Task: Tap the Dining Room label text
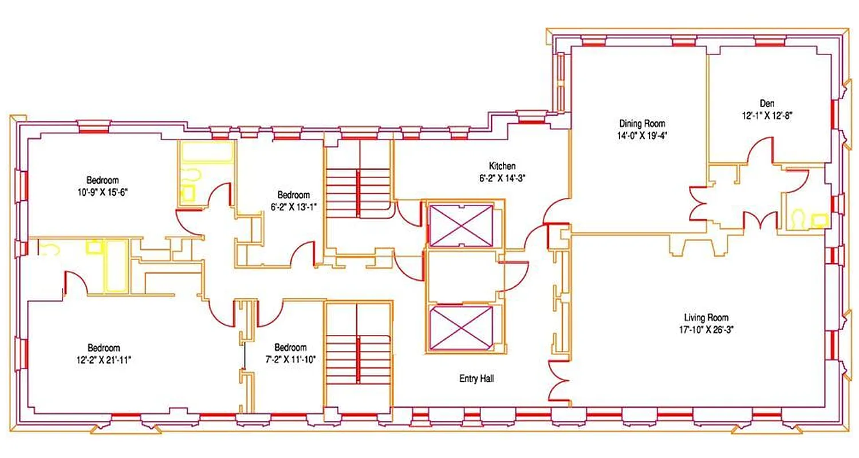(642, 123)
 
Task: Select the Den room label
(767, 104)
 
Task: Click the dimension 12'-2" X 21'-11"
(104, 359)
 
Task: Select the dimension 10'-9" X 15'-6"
(103, 192)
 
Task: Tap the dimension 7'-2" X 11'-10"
(290, 359)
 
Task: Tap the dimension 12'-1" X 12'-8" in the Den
(767, 114)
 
